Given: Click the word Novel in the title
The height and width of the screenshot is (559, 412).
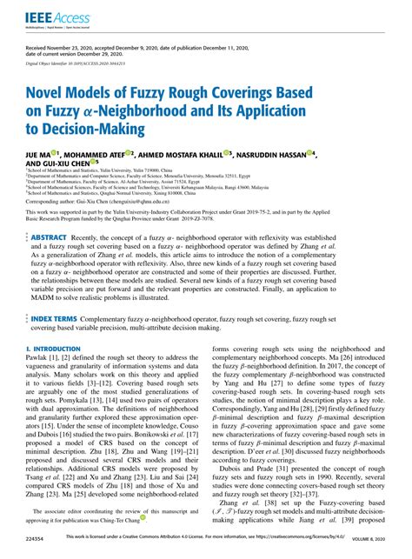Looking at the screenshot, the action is click(x=51, y=93).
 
